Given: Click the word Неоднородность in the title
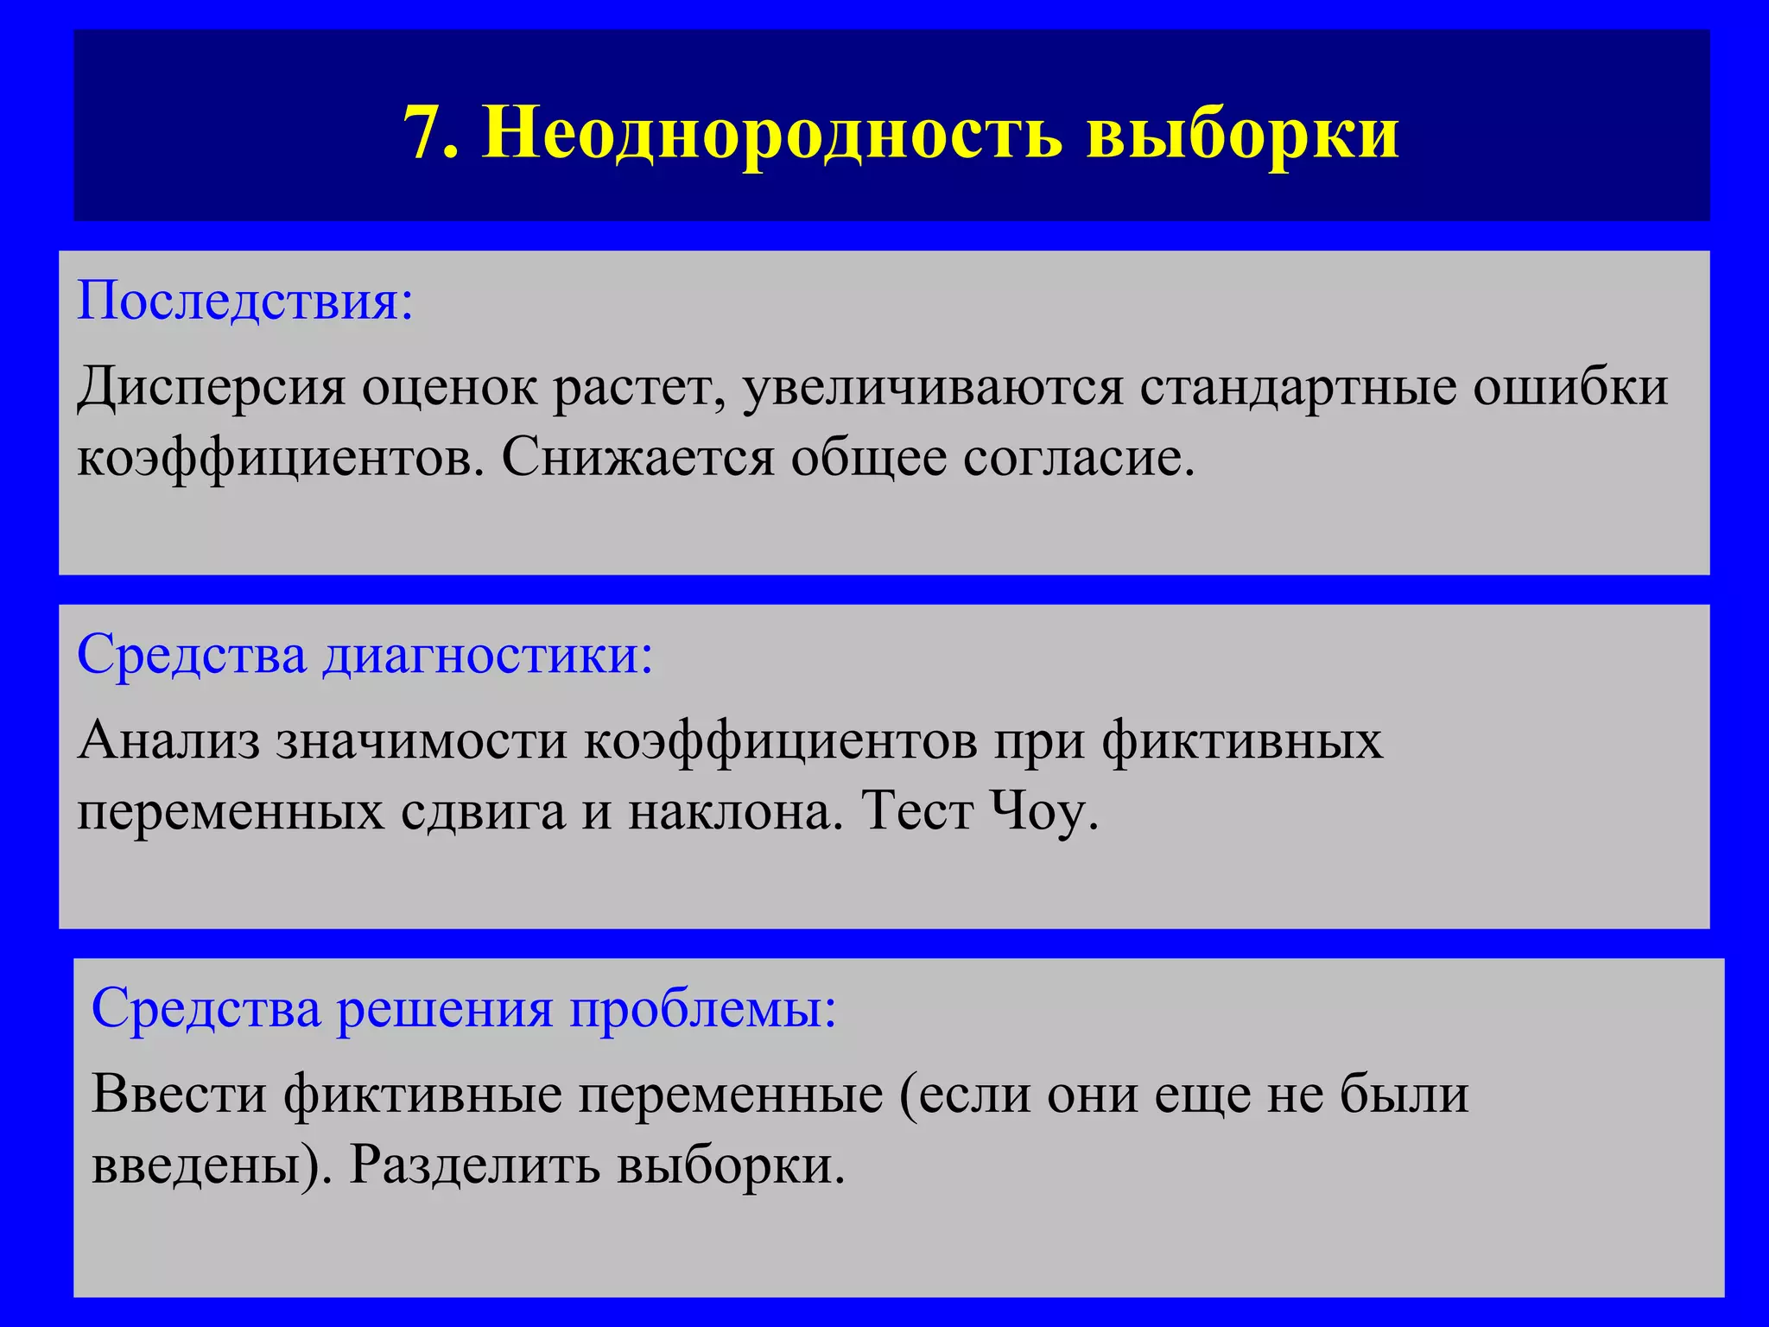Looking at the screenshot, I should tap(771, 133).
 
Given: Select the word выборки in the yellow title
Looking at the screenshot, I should tap(1243, 133).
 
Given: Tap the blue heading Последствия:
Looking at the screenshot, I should tap(245, 301).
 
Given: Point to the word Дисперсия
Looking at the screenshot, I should tap(211, 386).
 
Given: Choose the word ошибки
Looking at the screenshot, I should tap(1570, 386).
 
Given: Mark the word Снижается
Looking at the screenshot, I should tap(637, 457).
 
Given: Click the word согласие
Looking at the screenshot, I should tap(1079, 457).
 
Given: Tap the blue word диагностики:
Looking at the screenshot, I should tap(488, 654).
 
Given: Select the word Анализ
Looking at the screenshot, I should tap(168, 740).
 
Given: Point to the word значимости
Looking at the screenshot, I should tap(422, 740).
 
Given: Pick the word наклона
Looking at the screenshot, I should tap(734, 811).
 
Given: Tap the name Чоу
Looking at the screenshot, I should tap(1044, 811).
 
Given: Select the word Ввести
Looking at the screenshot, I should tap(179, 1095).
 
